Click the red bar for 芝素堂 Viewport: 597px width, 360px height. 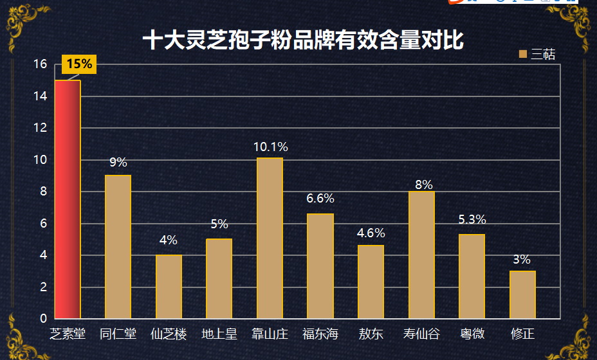[68, 199]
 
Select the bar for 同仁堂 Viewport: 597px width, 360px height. [118, 247]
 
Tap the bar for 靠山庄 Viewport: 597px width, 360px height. [270, 238]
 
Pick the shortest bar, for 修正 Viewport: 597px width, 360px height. [523, 294]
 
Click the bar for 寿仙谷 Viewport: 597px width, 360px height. [421, 255]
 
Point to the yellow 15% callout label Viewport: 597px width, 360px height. [79, 64]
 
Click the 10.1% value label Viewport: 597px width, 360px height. [271, 147]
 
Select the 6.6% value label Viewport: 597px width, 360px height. [320, 198]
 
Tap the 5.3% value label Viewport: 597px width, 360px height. [472, 219]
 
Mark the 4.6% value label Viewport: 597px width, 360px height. [371, 233]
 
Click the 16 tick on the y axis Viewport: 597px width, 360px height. [41, 64]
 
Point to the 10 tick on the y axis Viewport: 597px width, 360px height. [41, 160]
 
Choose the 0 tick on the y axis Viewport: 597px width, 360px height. [43, 318]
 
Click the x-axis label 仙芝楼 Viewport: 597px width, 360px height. [169, 334]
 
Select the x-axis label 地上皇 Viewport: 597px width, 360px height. [219, 334]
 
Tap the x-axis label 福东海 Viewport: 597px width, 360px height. [320, 334]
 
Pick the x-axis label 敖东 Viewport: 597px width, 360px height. [371, 334]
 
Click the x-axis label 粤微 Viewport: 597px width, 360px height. [472, 334]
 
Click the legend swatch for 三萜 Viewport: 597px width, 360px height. [523, 54]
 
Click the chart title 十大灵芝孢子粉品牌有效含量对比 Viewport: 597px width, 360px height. [303, 40]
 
